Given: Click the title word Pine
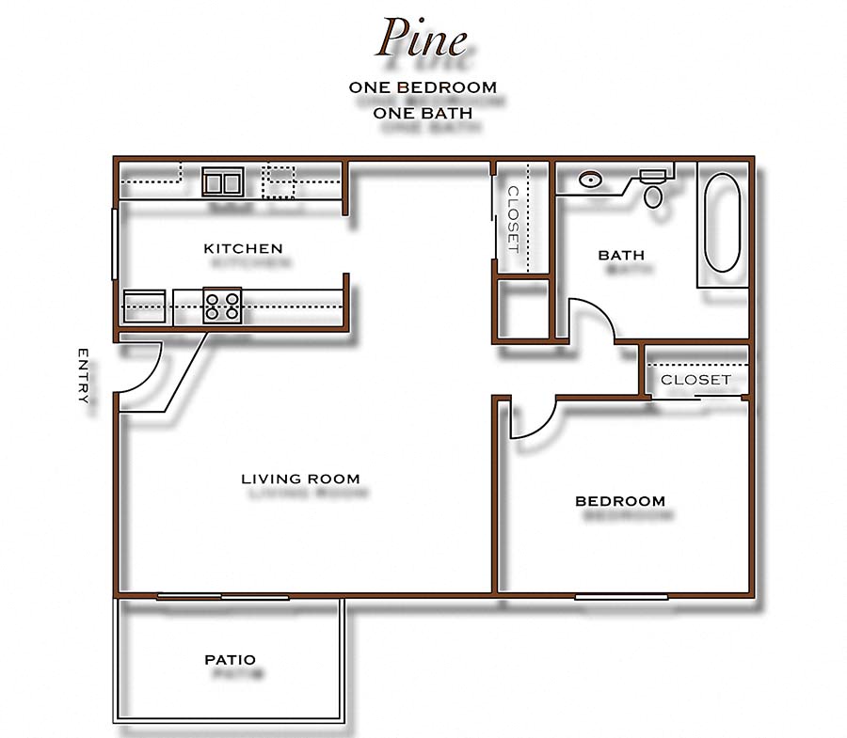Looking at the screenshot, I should [422, 39].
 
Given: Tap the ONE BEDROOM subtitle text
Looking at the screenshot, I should [423, 87].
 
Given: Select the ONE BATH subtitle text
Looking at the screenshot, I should [423, 113].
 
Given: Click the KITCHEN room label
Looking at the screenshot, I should [243, 249].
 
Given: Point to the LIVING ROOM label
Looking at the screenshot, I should [300, 479].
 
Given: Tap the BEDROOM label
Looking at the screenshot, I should [620, 501].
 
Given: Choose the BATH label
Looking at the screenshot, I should [621, 255].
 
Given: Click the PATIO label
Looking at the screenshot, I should [231, 660].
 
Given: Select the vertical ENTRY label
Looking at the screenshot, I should [83, 376].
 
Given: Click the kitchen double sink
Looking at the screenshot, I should [223, 181].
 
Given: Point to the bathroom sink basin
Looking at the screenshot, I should [591, 180].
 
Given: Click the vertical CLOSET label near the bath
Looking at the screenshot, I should [513, 218].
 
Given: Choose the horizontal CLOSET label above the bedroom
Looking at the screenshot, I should [695, 380].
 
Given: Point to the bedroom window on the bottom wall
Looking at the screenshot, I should [621, 596].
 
